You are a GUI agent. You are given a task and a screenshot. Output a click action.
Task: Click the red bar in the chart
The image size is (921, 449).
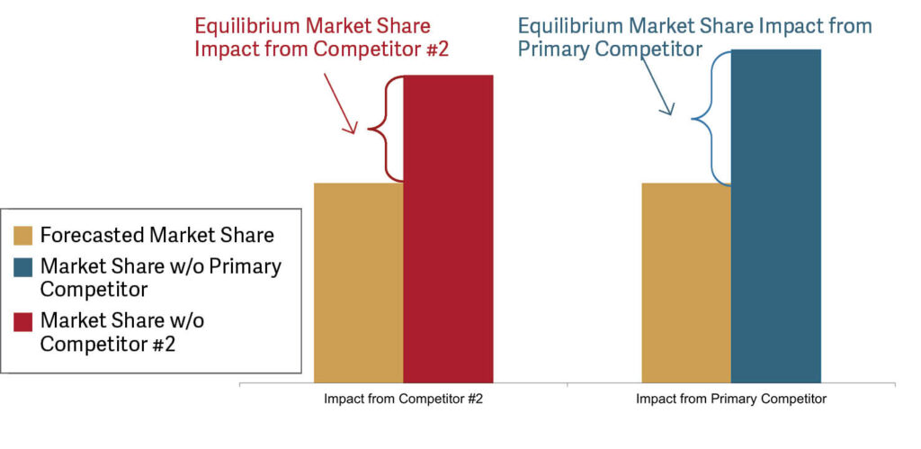point(448,229)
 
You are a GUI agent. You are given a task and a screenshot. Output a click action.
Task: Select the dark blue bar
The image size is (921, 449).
point(776,216)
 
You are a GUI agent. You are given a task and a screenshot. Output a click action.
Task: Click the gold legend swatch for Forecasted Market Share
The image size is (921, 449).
point(23,236)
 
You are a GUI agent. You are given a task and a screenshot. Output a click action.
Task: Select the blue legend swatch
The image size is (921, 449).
point(23,267)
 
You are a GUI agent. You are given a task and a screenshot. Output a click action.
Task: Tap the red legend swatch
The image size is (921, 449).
point(23,320)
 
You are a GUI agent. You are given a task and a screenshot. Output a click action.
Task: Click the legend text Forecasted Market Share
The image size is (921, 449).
point(157,236)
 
